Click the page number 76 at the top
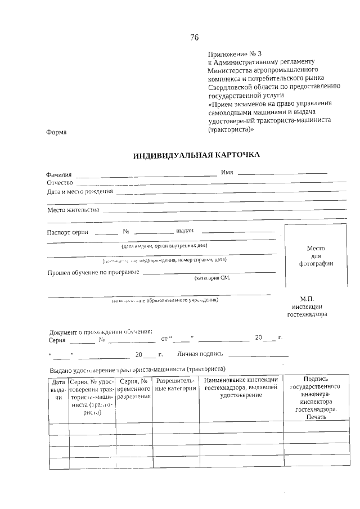coord(194,38)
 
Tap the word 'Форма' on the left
coord(56,132)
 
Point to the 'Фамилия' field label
coord(59,175)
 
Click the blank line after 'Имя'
coord(282,173)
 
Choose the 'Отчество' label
coord(60,183)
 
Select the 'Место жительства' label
coord(73,210)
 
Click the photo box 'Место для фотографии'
coord(316,256)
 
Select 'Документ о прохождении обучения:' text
coord(101,332)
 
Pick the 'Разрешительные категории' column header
coord(175,385)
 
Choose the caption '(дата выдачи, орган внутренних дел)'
coord(164,246)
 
